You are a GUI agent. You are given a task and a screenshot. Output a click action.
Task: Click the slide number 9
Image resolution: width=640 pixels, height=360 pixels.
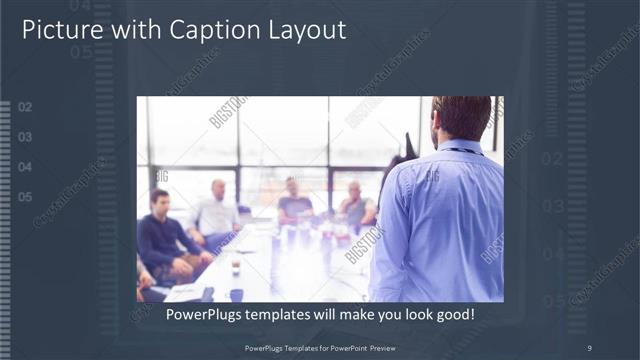click(x=589, y=347)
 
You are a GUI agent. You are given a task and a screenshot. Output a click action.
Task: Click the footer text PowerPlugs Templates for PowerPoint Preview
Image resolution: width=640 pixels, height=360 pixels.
click(x=320, y=347)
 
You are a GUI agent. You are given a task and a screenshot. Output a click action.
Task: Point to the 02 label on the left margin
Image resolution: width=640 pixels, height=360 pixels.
click(x=25, y=107)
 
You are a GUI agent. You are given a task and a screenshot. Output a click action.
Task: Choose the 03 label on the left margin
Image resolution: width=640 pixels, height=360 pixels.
click(x=25, y=137)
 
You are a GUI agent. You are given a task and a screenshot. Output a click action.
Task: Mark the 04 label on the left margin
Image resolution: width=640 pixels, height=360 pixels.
click(x=25, y=167)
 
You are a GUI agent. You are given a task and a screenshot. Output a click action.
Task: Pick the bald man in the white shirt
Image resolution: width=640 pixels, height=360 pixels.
click(x=216, y=210)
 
